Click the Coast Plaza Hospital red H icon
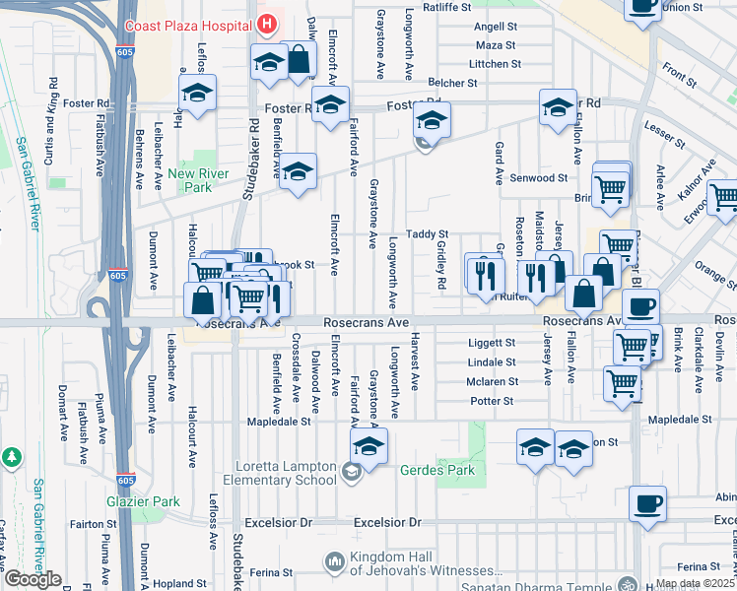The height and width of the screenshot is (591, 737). [264, 24]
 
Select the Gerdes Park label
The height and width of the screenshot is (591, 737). [436, 470]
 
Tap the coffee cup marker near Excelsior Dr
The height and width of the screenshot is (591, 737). [647, 504]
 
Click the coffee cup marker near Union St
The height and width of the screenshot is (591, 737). [642, 6]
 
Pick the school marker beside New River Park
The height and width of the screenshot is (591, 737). [296, 173]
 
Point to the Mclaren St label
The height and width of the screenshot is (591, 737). [492, 381]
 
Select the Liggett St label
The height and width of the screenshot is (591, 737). [491, 343]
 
